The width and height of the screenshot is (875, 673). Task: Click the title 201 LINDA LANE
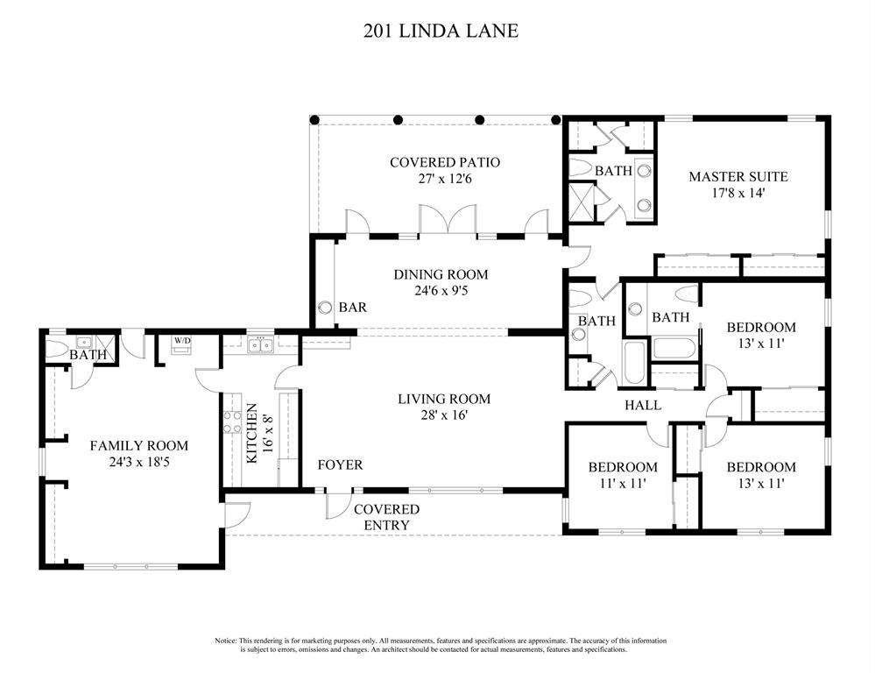441,30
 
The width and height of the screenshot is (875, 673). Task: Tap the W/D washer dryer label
181,340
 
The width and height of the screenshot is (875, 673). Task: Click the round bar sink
325,308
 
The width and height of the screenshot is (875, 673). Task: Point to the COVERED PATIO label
445,162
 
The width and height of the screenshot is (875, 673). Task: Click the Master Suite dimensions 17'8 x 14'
737,194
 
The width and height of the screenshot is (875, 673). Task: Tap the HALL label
643,405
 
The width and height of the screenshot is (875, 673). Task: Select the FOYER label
341,464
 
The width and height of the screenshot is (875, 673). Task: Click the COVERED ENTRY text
387,517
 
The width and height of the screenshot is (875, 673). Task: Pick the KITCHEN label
251,434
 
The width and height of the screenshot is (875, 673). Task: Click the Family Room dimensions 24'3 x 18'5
139,463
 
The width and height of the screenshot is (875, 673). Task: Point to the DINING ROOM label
441,275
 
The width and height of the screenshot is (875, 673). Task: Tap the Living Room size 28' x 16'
444,415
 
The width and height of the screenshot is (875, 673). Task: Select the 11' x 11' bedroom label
623,483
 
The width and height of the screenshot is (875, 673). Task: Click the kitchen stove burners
231,422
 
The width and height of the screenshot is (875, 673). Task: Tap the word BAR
353,308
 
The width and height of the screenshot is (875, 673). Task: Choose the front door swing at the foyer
339,506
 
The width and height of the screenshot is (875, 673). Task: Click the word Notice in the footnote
226,641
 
